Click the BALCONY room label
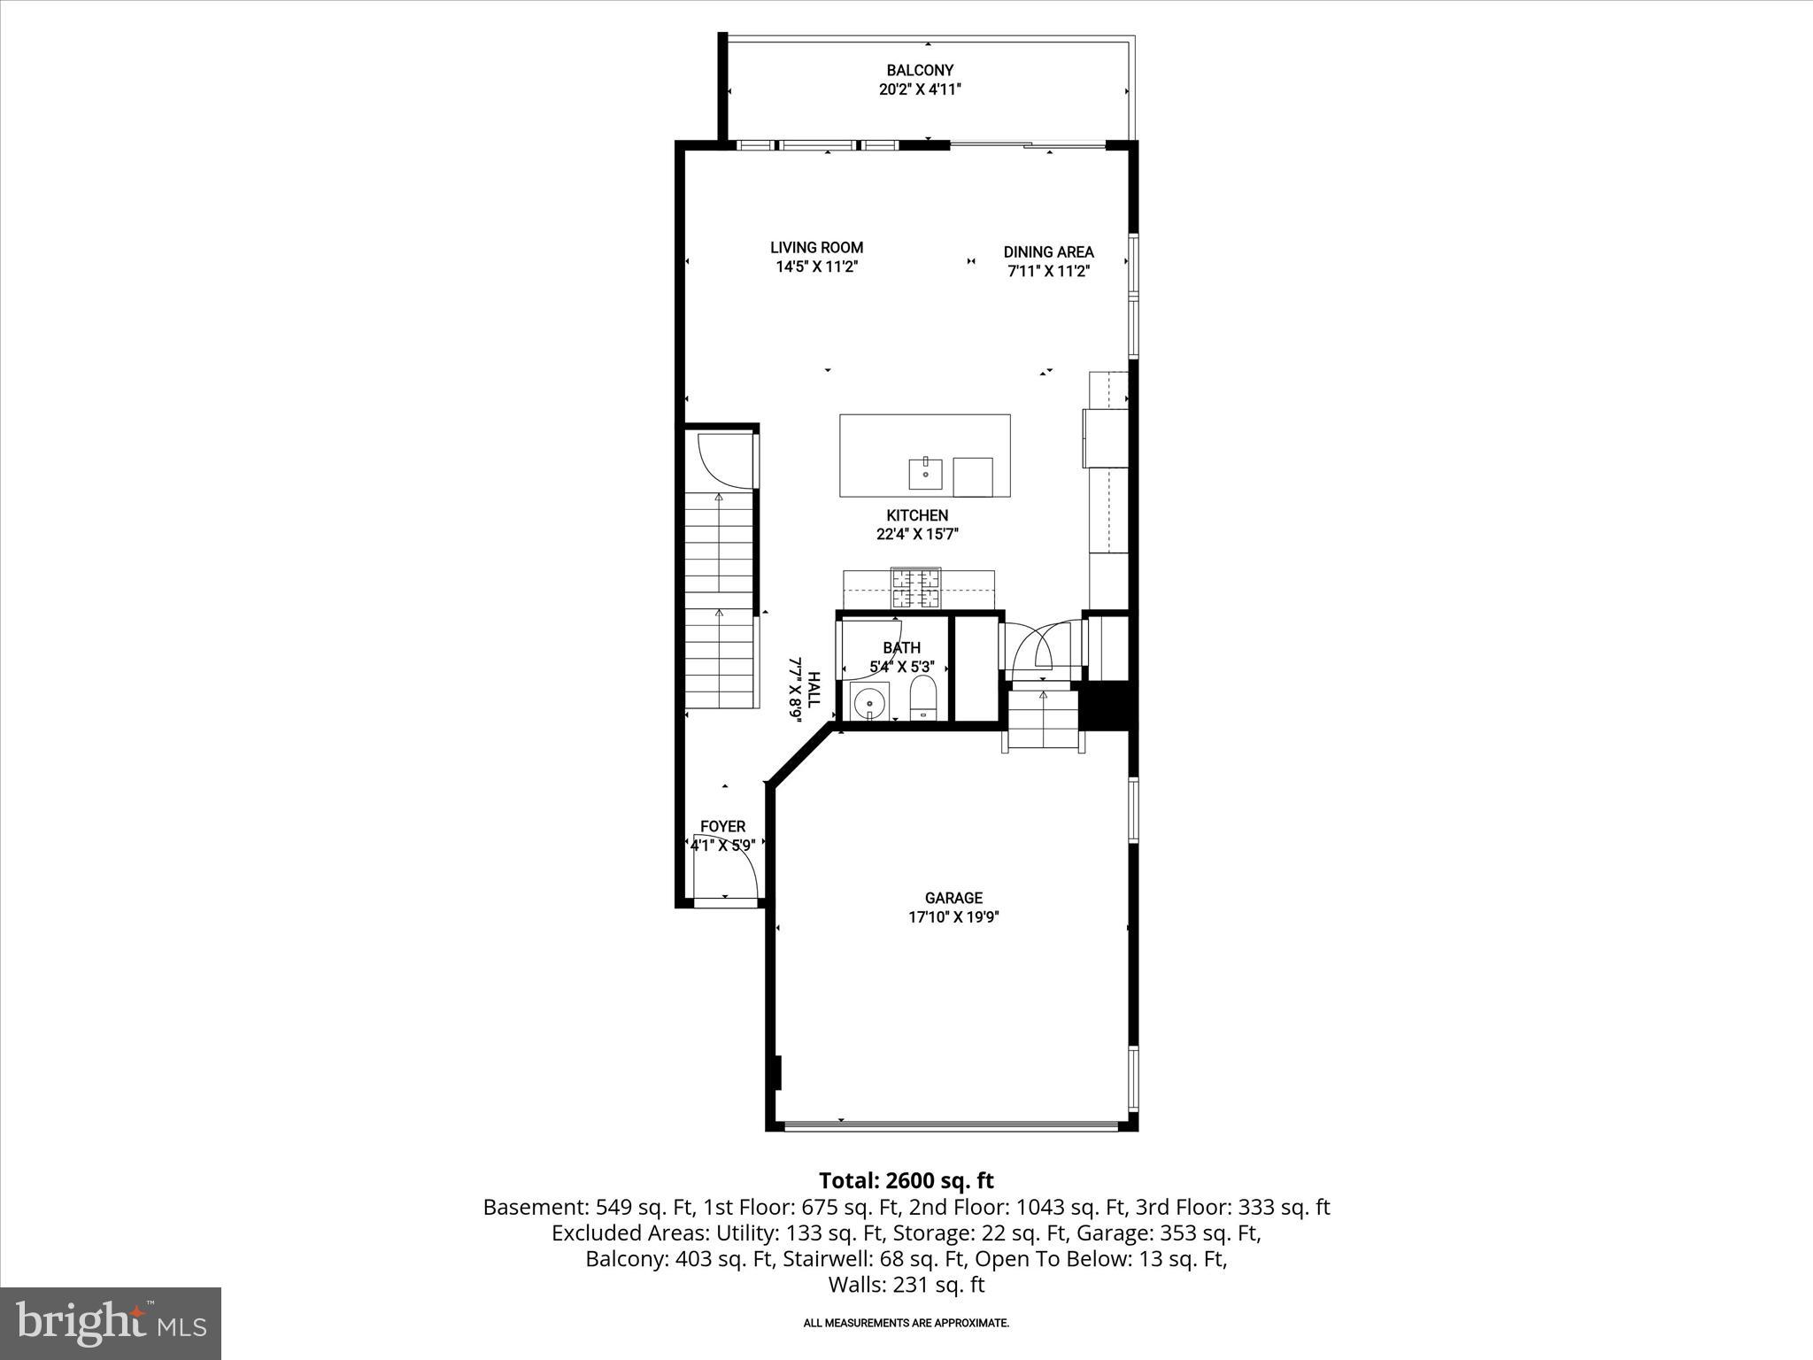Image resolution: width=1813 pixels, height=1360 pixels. pyautogui.click(x=920, y=70)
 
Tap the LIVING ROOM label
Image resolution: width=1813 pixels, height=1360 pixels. pyautogui.click(x=816, y=248)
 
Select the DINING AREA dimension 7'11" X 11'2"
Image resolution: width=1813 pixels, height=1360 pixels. pyautogui.click(x=1048, y=272)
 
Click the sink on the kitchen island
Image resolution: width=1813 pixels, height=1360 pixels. pyautogui.click(x=925, y=474)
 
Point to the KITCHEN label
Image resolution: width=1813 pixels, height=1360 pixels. pyautogui.click(x=917, y=515)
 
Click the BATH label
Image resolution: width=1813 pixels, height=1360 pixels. pyautogui.click(x=901, y=648)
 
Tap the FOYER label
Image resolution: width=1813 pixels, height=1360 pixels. pyautogui.click(x=722, y=826)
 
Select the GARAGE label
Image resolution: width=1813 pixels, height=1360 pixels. pyautogui.click(x=953, y=898)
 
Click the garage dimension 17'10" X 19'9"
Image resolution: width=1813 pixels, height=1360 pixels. pyautogui.click(x=953, y=918)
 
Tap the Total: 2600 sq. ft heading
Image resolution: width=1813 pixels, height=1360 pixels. pyautogui.click(x=906, y=1180)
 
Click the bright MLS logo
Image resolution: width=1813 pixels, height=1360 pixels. pyautogui.click(x=111, y=1323)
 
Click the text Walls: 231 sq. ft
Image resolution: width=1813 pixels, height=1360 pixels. pyautogui.click(x=906, y=1285)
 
